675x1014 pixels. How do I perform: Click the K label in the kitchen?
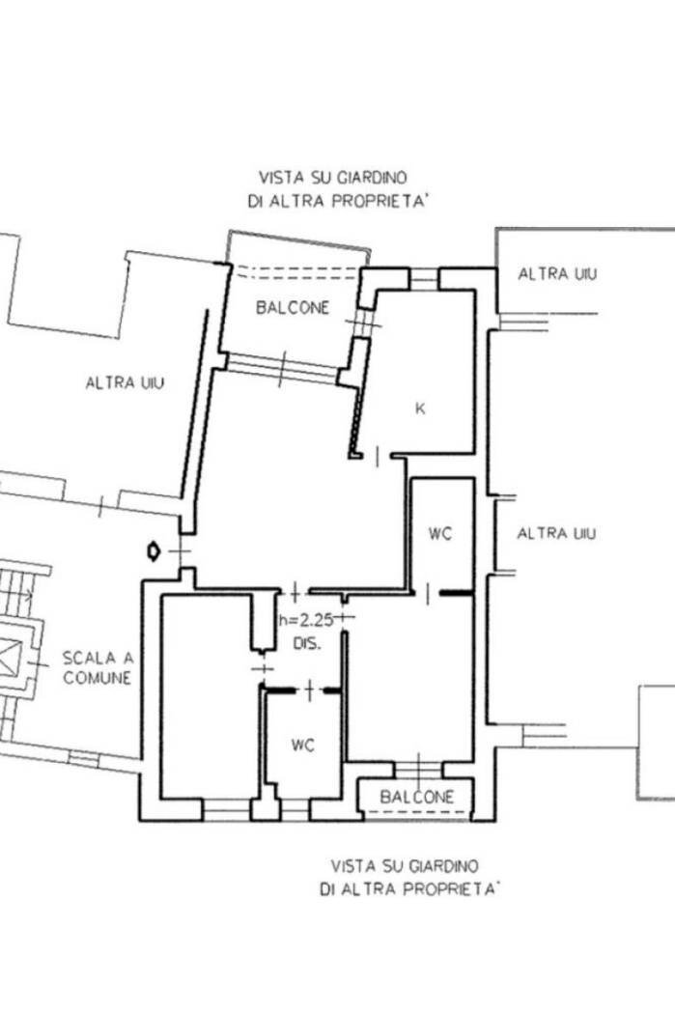click(420, 408)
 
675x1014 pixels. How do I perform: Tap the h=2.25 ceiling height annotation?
click(306, 621)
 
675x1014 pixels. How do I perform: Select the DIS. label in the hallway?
click(307, 644)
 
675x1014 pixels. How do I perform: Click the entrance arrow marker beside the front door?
click(154, 551)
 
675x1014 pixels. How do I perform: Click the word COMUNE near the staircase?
click(97, 678)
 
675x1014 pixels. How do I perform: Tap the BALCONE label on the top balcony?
click(293, 308)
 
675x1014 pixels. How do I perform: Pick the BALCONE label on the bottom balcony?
click(417, 797)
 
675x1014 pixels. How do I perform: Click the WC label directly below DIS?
click(302, 746)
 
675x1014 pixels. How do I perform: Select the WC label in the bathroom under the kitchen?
click(440, 534)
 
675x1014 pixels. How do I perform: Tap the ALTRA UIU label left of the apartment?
click(125, 382)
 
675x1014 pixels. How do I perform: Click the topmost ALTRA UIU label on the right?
click(557, 273)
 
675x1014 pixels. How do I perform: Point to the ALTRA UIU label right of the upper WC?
click(556, 533)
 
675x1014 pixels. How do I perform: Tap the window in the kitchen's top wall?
click(424, 279)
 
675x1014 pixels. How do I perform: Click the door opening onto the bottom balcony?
click(418, 769)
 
